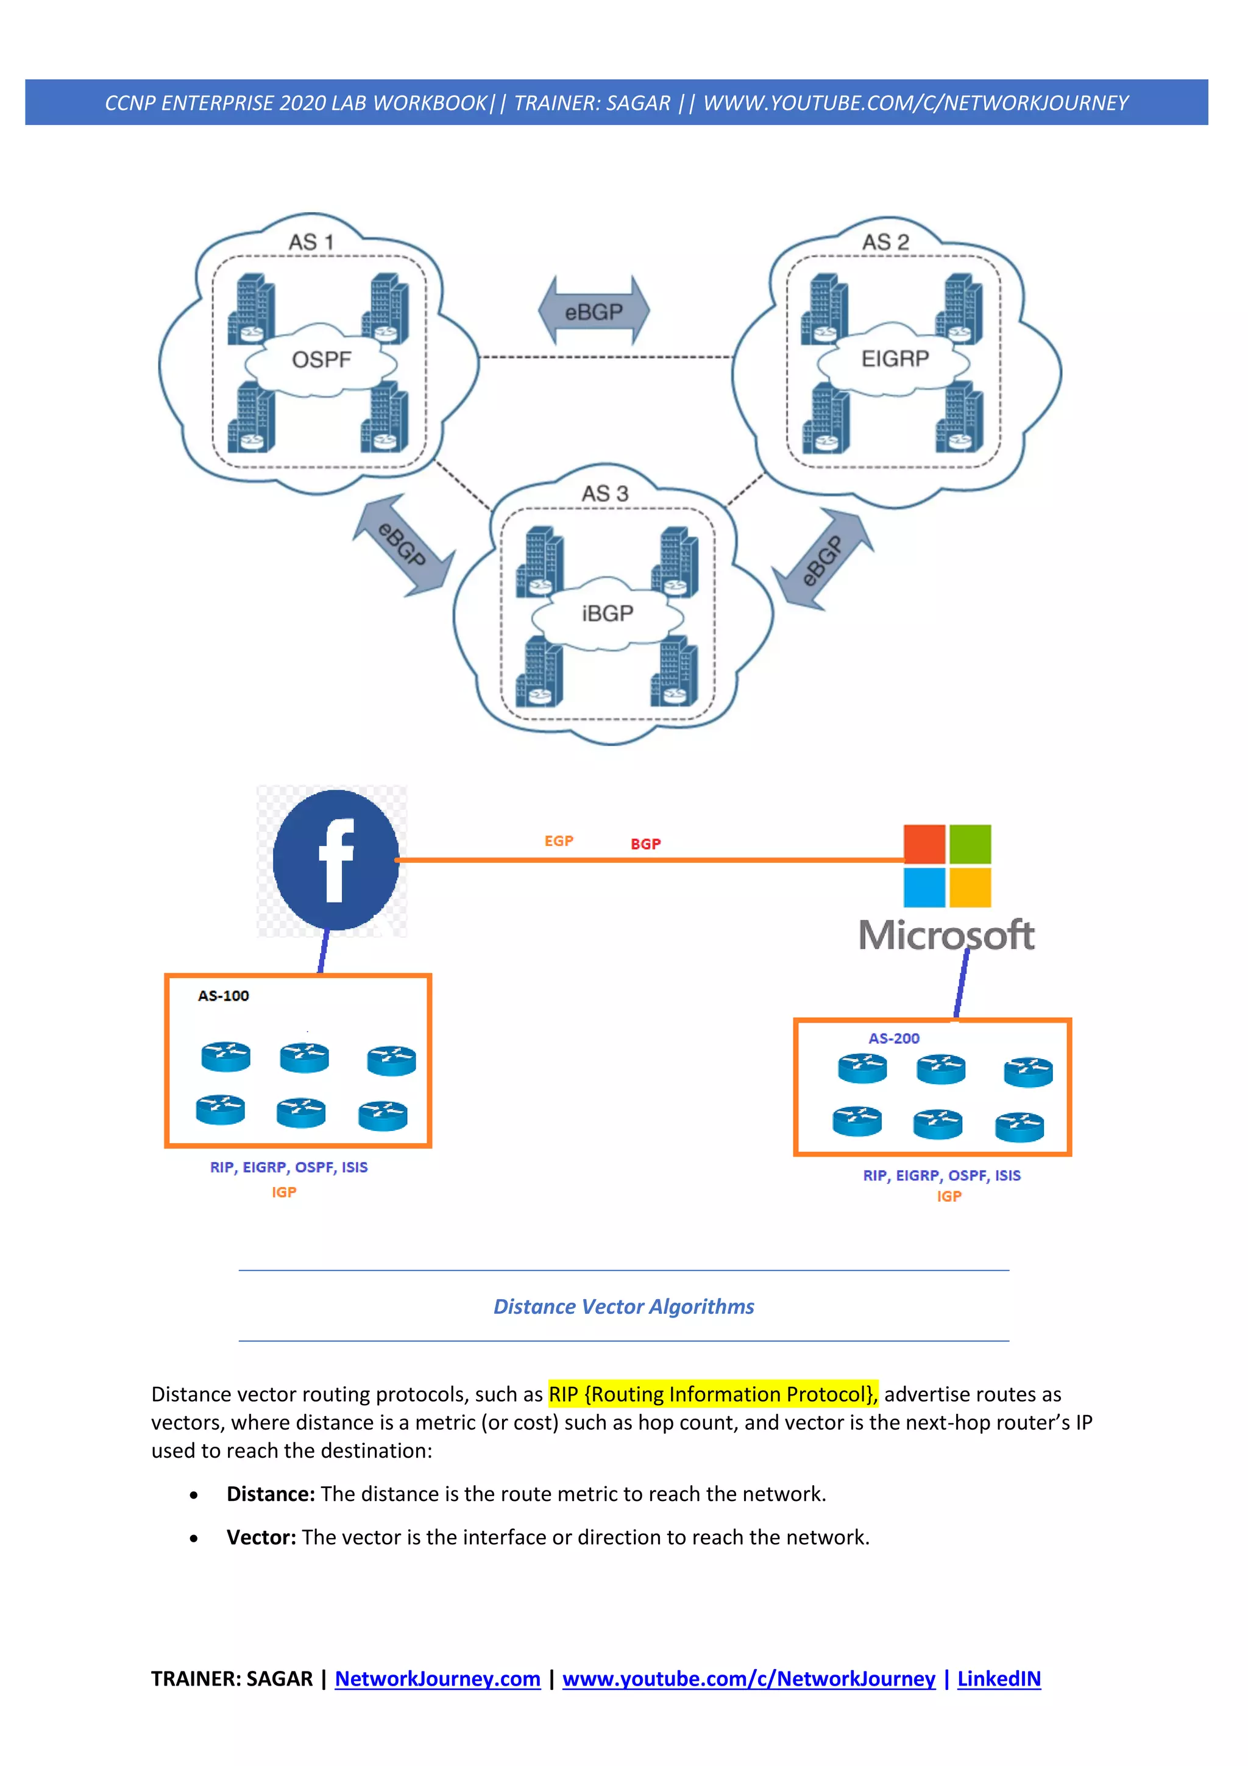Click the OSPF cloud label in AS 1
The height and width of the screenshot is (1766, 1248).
pyautogui.click(x=321, y=360)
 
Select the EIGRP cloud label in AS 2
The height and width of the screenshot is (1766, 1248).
pyautogui.click(x=895, y=359)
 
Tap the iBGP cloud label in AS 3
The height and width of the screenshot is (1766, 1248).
pyautogui.click(x=608, y=614)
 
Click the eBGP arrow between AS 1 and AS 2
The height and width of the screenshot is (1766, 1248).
pyautogui.click(x=594, y=311)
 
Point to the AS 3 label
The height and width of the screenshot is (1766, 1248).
pyautogui.click(x=604, y=494)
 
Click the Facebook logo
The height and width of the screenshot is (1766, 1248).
pyautogui.click(x=335, y=860)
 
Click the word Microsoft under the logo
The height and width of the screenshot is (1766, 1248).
pyautogui.click(x=946, y=935)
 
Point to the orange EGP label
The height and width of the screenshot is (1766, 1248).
pyautogui.click(x=559, y=842)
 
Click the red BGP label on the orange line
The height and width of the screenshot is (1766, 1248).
pyautogui.click(x=645, y=845)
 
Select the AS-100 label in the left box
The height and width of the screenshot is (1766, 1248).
pyautogui.click(x=223, y=996)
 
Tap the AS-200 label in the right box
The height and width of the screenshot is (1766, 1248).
pyautogui.click(x=893, y=1038)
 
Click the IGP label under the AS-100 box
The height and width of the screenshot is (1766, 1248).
pyautogui.click(x=284, y=1192)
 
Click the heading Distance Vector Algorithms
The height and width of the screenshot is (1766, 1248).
pyautogui.click(x=623, y=1307)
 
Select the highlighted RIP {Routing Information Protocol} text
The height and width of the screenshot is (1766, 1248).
pyautogui.click(x=712, y=1394)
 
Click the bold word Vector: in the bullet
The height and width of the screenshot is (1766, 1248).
pyautogui.click(x=261, y=1537)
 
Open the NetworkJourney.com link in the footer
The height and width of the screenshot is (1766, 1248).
pyautogui.click(x=438, y=1679)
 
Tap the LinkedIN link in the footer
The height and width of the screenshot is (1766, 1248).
pyautogui.click(x=998, y=1679)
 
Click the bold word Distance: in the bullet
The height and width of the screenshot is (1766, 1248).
pyautogui.click(x=271, y=1494)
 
